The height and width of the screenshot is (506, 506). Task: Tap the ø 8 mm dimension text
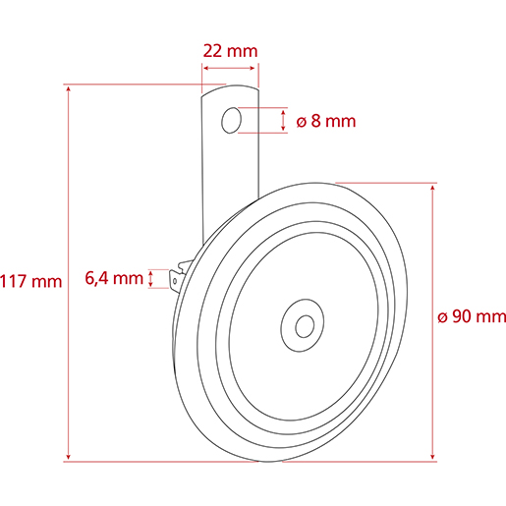[x=324, y=122]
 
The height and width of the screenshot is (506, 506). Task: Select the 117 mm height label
[x=30, y=281]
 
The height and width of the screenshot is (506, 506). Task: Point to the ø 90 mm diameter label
[x=471, y=315]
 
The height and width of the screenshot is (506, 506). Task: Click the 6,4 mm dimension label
[x=113, y=278]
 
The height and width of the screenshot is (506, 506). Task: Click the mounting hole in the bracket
[x=232, y=120]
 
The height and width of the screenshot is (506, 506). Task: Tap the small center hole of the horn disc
[x=303, y=324]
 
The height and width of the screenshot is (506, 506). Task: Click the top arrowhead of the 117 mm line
[x=68, y=89]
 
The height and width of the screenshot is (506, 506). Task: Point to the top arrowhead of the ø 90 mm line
[x=433, y=187]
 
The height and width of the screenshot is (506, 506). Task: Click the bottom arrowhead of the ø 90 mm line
[x=433, y=455]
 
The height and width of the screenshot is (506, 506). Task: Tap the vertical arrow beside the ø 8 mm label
[x=284, y=121]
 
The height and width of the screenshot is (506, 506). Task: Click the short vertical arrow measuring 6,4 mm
[x=150, y=278]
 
